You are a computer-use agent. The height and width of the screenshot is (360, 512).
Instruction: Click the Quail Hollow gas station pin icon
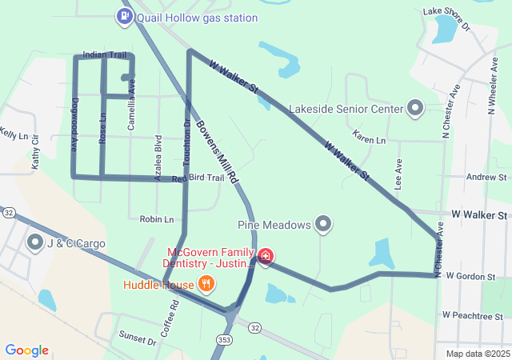point(125,16)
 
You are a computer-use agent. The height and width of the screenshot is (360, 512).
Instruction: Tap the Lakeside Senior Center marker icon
point(414,108)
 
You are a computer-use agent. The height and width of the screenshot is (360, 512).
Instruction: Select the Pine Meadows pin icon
point(323,225)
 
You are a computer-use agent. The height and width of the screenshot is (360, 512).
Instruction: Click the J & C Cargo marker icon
point(35,242)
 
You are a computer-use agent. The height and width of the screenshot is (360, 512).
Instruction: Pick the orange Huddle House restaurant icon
point(206,284)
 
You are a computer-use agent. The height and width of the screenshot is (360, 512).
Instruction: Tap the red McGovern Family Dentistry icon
point(266,257)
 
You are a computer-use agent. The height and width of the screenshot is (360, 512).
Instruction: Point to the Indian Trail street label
point(104,55)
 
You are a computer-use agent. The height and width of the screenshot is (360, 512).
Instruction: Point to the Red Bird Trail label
point(198,178)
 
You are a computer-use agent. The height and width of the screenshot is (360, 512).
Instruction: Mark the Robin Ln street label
point(156,218)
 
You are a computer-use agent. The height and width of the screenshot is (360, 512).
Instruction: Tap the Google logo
point(27,350)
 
